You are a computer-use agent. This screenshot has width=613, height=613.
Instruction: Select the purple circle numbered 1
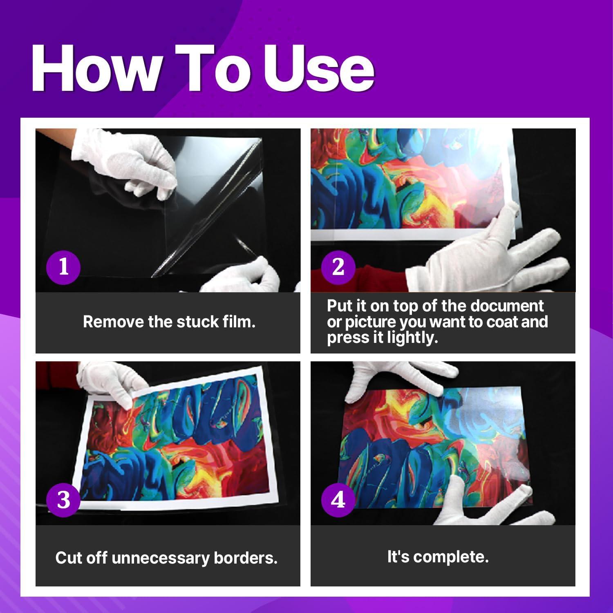pyautogui.click(x=63, y=267)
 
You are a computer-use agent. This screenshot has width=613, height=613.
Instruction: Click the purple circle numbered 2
pyautogui.click(x=338, y=267)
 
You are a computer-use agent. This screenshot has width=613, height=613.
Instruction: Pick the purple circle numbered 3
pyautogui.click(x=63, y=499)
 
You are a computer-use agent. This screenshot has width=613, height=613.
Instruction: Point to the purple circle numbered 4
pyautogui.click(x=338, y=499)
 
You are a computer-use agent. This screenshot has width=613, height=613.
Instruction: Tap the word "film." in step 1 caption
pyautogui.click(x=239, y=322)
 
